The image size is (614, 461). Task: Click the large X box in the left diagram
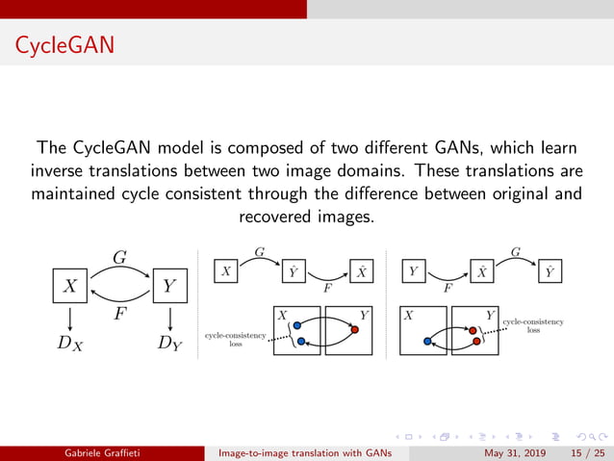coord(70,286)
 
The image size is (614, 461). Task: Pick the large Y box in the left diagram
coord(169,286)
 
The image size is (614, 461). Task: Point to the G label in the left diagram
coord(120,257)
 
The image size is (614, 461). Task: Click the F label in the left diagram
coord(118,313)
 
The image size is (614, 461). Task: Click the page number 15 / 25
coord(583,453)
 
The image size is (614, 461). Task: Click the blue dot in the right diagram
coord(426,340)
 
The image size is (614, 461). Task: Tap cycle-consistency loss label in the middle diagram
coord(235,339)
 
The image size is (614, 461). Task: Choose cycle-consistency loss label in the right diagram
coord(532,324)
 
